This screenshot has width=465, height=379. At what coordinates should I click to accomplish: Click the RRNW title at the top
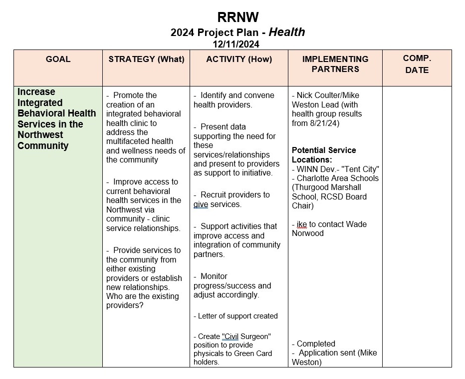(x=238, y=17)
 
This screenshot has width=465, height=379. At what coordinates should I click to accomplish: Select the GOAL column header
(x=58, y=59)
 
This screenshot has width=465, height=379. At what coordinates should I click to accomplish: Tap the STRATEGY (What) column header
(x=146, y=59)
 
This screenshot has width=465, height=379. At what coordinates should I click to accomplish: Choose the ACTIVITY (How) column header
(x=239, y=59)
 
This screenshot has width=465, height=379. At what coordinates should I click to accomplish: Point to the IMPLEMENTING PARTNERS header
(x=335, y=64)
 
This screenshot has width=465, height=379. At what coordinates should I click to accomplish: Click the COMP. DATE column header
(x=417, y=64)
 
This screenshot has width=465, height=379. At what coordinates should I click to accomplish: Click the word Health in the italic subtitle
(x=287, y=32)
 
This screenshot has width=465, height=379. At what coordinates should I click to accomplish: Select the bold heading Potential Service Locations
(x=324, y=154)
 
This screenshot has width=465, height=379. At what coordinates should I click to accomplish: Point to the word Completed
(x=316, y=343)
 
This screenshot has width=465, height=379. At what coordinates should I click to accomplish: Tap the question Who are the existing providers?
(x=142, y=300)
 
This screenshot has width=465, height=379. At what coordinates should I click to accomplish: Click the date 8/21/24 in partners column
(x=325, y=123)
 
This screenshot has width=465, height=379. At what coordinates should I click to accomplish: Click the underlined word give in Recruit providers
(x=201, y=204)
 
